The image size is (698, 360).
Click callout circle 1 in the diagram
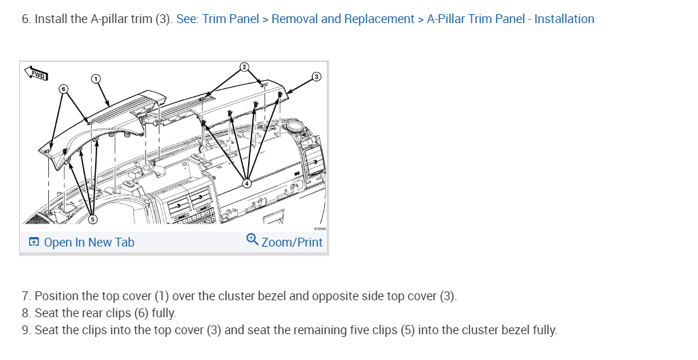click(96, 79)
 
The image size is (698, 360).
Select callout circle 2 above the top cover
click(244, 67)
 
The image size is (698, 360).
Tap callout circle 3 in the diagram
click(315, 77)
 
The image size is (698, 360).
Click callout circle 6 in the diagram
click(63, 89)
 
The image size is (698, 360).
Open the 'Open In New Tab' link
click(89, 242)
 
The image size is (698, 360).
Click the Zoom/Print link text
click(292, 242)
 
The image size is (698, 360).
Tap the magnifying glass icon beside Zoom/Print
click(252, 240)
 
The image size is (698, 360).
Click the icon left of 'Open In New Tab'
click(33, 242)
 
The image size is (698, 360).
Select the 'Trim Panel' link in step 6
click(230, 19)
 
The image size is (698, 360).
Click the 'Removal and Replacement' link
click(343, 19)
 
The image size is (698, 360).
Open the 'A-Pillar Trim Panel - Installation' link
click(510, 19)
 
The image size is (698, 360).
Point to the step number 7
click(26, 296)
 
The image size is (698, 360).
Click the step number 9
click(26, 331)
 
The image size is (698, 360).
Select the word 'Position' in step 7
click(54, 296)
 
